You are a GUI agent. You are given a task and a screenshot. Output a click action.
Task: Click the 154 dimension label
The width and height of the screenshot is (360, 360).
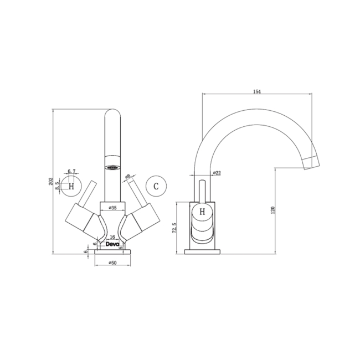click(x=257, y=91)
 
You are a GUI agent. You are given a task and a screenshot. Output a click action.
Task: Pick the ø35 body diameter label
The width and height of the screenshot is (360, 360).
click(x=112, y=208)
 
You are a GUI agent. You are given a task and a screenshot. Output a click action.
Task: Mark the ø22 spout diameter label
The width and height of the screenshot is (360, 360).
click(x=217, y=173)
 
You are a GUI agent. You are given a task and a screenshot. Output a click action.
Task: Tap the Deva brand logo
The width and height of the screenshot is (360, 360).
click(x=112, y=244)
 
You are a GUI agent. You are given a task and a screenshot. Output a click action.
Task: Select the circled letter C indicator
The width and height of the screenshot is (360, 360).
click(x=156, y=186)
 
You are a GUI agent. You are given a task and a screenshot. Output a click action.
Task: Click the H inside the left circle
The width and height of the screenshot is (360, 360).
click(x=70, y=186)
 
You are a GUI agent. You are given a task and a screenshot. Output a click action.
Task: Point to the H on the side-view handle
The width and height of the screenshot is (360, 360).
click(x=202, y=212)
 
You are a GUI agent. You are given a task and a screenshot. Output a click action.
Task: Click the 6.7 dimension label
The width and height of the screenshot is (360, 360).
click(x=71, y=172)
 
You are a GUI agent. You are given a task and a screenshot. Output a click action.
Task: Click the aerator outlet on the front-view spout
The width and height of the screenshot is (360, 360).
click(x=112, y=167)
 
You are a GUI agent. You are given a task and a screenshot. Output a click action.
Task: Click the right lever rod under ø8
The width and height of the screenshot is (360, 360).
click(x=136, y=192)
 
